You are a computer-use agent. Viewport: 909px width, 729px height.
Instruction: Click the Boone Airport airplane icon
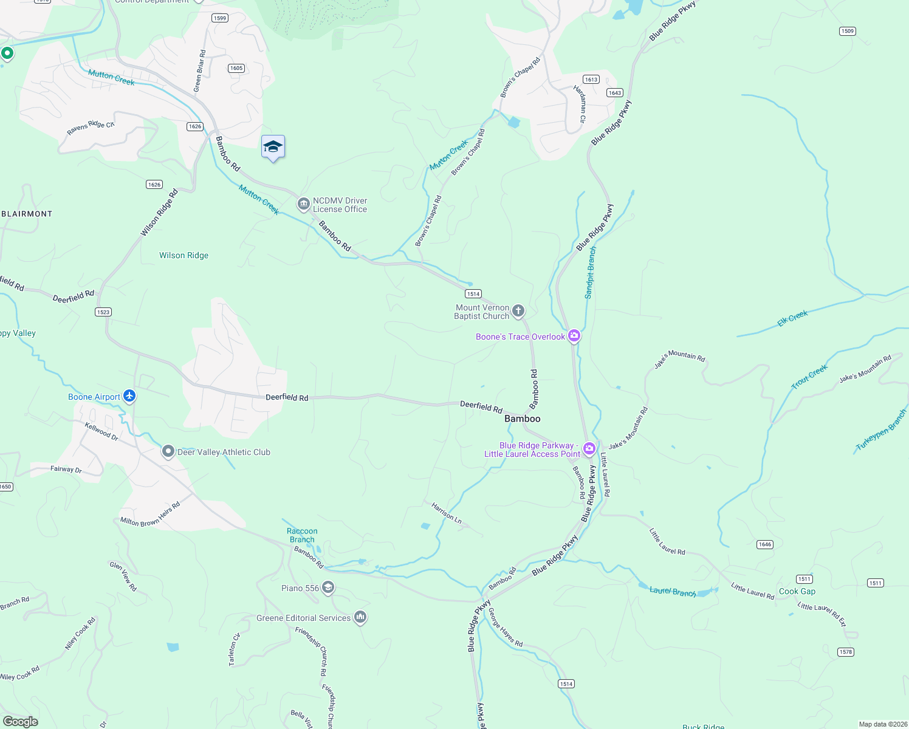tap(129, 396)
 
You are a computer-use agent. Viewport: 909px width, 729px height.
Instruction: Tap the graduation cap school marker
tap(273, 147)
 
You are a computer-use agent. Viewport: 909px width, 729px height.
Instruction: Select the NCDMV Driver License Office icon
tap(303, 205)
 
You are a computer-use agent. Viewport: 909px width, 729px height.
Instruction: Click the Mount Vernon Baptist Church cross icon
tap(518, 312)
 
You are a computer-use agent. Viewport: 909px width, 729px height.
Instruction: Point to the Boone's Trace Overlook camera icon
tap(574, 336)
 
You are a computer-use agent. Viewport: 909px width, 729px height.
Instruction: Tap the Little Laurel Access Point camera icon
tap(589, 449)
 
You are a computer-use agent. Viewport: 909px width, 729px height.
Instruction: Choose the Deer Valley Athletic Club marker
tap(168, 451)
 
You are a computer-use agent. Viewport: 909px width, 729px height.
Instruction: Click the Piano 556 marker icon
tap(328, 587)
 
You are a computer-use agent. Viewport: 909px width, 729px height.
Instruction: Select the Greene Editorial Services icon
tap(360, 617)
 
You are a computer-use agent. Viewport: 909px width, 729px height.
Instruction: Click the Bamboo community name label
tap(522, 419)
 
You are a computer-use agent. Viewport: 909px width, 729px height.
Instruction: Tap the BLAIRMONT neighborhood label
tap(27, 214)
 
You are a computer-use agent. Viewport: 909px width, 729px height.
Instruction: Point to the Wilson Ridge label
tap(184, 255)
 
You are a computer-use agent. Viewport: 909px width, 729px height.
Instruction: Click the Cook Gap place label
tap(797, 591)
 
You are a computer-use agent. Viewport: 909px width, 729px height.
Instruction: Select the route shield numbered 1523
tap(103, 312)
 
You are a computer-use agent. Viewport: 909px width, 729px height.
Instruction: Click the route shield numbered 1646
tap(765, 544)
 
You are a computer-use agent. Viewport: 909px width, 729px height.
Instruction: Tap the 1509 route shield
tap(847, 31)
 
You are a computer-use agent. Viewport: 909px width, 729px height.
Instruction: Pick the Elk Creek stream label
tap(792, 318)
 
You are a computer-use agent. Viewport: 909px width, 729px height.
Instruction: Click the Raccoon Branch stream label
tap(302, 535)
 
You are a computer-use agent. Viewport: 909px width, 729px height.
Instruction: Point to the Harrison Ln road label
tap(447, 513)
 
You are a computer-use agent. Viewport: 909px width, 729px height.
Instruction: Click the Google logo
tap(21, 722)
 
